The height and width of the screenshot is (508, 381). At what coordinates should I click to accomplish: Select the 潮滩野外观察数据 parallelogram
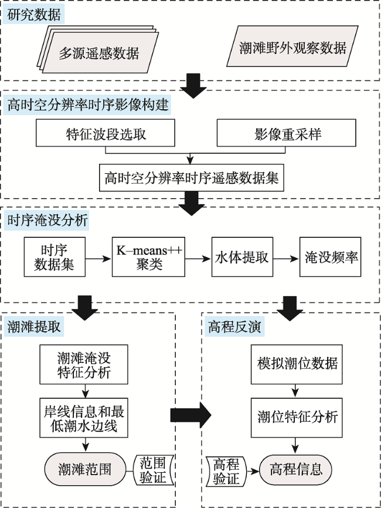click(x=292, y=46)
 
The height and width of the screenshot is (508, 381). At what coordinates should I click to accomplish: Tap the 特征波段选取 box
click(x=106, y=133)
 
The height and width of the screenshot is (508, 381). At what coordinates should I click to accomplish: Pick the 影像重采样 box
click(x=286, y=133)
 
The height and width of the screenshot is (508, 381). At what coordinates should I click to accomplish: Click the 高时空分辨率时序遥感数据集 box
click(x=192, y=177)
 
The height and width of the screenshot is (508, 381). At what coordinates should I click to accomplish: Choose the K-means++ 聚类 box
click(x=148, y=257)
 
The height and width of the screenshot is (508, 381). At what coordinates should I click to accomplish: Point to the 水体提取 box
click(x=242, y=257)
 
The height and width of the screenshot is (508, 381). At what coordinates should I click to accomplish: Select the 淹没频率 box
click(x=330, y=257)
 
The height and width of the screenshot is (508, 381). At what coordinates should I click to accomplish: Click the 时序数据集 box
click(x=55, y=257)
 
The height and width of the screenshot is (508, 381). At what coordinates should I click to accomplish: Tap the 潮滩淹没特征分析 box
click(x=84, y=365)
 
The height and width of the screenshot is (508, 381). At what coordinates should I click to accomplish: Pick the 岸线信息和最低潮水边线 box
click(x=84, y=418)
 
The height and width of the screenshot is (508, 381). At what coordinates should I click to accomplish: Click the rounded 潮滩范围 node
click(x=85, y=469)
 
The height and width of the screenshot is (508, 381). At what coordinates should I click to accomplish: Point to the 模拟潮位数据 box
click(x=297, y=365)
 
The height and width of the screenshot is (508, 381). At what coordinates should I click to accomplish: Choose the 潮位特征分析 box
click(x=297, y=418)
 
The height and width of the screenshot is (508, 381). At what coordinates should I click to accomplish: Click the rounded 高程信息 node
click(x=296, y=469)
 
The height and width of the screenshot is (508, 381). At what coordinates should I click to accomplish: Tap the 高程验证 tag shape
click(x=226, y=472)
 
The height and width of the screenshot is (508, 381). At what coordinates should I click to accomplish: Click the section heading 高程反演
click(x=234, y=327)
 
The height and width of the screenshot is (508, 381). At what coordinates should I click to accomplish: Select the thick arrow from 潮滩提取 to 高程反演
click(x=191, y=415)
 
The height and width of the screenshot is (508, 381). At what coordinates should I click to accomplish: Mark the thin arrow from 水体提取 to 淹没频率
click(x=286, y=258)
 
